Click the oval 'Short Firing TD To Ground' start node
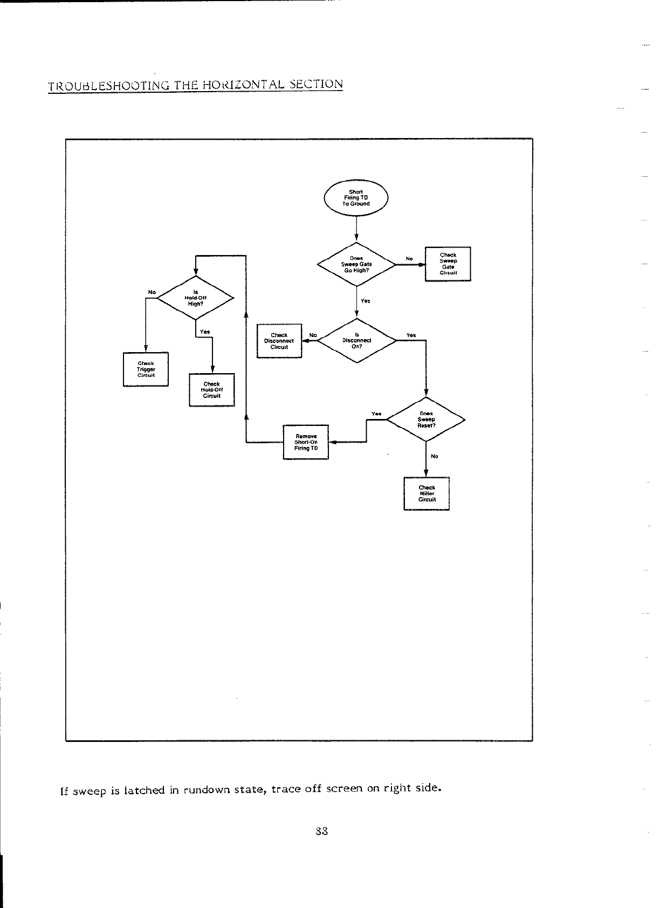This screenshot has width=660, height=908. (x=356, y=198)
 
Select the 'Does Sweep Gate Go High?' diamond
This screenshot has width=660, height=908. (x=356, y=264)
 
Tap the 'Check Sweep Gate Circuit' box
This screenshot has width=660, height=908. (x=448, y=264)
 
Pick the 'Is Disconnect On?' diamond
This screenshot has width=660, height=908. (x=356, y=341)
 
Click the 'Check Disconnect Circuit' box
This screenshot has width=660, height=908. (x=279, y=341)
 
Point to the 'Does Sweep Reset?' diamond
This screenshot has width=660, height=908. (x=426, y=419)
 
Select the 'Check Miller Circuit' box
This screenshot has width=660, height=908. (x=427, y=493)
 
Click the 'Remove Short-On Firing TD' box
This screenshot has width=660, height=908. (x=306, y=442)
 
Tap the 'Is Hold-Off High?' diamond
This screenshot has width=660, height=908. (x=195, y=298)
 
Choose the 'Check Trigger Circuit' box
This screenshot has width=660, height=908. (x=146, y=369)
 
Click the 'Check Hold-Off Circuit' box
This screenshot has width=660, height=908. (x=212, y=390)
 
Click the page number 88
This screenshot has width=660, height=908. (x=321, y=831)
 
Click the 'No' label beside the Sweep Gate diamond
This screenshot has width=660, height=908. (x=409, y=259)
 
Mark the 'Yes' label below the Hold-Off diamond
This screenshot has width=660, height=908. (x=204, y=332)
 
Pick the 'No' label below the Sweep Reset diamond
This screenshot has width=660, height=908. (x=434, y=456)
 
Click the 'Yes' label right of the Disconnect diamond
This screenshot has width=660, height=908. (x=411, y=335)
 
